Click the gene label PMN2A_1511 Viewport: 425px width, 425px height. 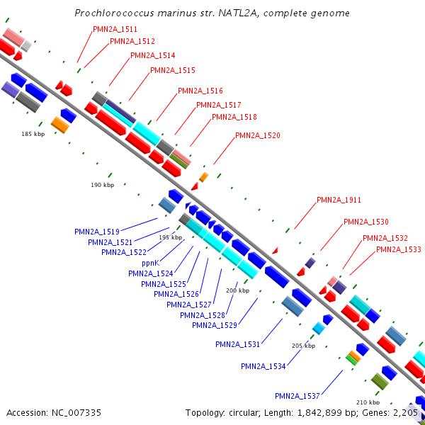click(x=115, y=29)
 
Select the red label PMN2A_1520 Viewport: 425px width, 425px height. click(x=258, y=135)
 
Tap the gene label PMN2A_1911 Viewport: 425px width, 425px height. click(x=339, y=200)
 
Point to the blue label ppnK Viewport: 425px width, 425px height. click(x=150, y=263)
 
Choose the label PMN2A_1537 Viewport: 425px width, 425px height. click(x=297, y=396)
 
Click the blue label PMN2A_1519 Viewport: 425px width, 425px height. click(x=97, y=232)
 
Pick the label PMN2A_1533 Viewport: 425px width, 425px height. click(x=398, y=249)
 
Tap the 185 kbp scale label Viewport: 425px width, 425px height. click(x=33, y=134)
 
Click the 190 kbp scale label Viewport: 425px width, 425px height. click(x=103, y=185)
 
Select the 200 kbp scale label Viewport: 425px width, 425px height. click(x=238, y=290)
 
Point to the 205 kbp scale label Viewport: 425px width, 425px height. click(x=304, y=346)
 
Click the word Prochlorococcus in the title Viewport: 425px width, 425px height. click(x=114, y=13)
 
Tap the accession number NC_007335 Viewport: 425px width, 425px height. click(x=76, y=413)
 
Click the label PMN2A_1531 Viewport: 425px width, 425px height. click(x=238, y=344)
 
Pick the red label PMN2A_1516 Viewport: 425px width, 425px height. click(x=200, y=91)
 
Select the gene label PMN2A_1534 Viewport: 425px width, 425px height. click(x=263, y=366)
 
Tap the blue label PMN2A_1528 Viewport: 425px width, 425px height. click(x=203, y=315)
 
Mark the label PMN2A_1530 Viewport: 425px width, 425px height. click(x=366, y=222)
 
